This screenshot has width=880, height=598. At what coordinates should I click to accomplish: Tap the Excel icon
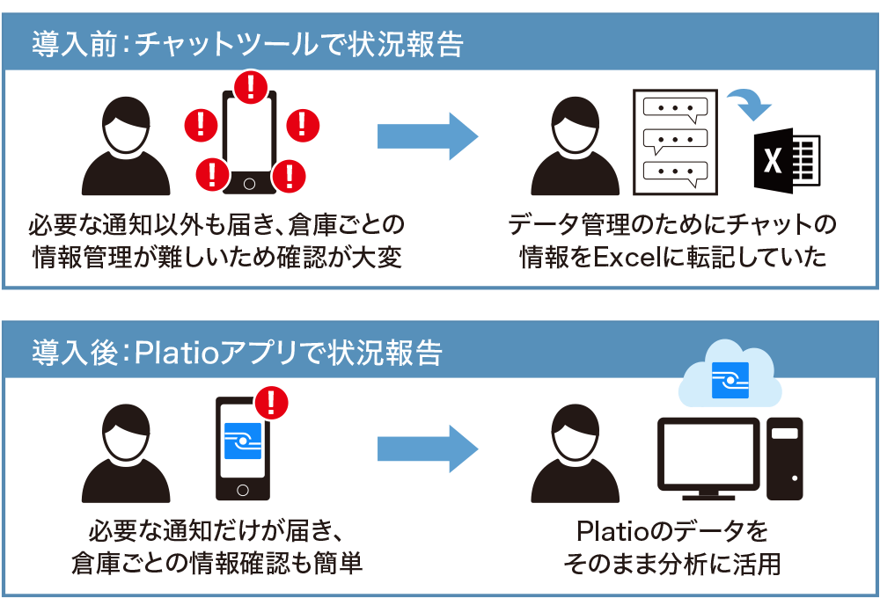[786, 161]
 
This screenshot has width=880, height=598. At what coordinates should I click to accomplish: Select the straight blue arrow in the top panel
[427, 136]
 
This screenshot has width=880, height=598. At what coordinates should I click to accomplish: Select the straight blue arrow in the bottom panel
[427, 448]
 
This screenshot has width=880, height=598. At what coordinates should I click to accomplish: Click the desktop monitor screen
[708, 454]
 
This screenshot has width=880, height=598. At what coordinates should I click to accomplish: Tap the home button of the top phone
[250, 184]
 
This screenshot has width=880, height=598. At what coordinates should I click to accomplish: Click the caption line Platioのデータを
[672, 532]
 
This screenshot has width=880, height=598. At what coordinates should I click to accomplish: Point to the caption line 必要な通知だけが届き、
[216, 532]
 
